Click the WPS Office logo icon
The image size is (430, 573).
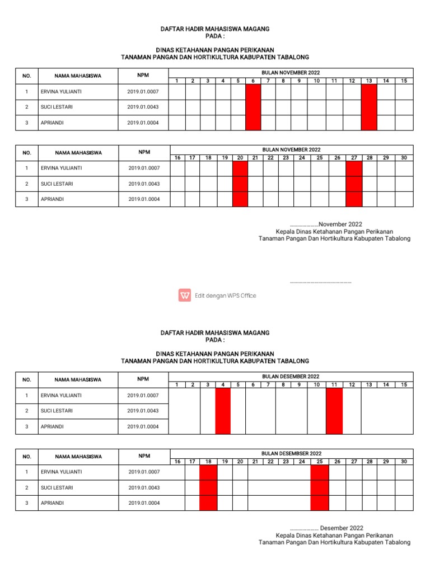185,295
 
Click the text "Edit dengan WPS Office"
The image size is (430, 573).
225,295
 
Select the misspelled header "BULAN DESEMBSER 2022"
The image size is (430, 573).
291,453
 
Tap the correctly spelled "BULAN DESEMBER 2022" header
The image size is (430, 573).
291,377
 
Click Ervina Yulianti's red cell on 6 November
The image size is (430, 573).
253,92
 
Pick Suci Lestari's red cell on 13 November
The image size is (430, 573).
369,107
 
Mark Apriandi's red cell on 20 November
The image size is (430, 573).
240,199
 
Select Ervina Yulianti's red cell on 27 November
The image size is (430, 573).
354,168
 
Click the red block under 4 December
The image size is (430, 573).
223,411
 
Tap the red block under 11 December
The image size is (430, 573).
334,411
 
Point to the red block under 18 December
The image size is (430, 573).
208,487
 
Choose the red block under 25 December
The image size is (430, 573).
320,487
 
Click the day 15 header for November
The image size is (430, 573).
403,81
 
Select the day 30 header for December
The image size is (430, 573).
403,461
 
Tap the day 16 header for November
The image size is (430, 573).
177,158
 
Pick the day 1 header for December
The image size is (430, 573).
177,384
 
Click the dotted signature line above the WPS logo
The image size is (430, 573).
320,283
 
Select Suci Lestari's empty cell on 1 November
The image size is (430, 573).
177,107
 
